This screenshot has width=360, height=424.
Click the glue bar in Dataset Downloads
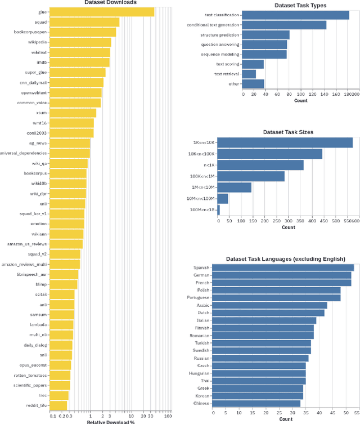tap(102, 12)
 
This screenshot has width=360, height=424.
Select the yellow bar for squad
tap(84, 22)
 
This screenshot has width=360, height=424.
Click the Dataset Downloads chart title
tap(110, 3)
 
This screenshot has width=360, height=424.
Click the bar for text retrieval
tap(249, 74)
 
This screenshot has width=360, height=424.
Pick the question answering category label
tap(220, 44)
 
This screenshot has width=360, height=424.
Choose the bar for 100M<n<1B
tap(219, 210)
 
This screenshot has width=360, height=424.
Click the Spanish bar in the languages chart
tap(283, 267)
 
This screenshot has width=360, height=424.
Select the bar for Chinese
tap(256, 403)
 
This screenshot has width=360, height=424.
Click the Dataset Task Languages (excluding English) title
tap(285, 259)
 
